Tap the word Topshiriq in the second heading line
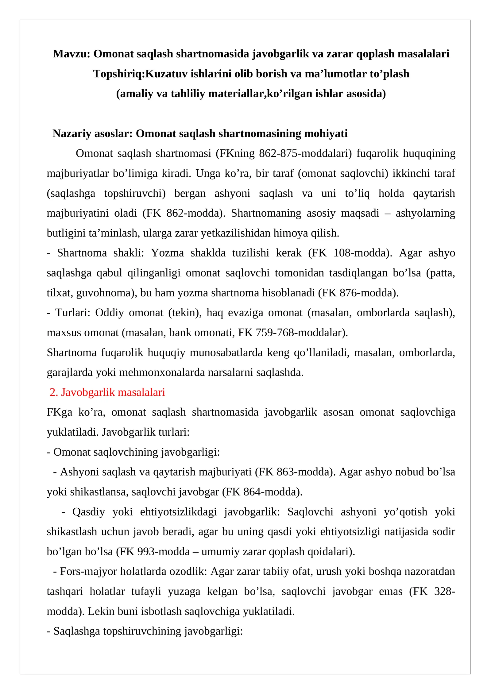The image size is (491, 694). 118,74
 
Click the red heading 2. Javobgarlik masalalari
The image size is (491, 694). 107,392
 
